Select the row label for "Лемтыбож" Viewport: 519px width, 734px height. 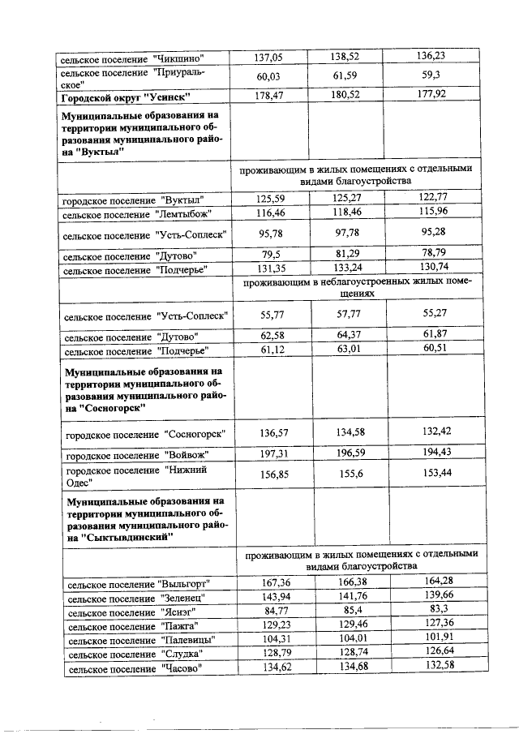point(137,214)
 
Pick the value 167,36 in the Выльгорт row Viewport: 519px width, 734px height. point(267,582)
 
